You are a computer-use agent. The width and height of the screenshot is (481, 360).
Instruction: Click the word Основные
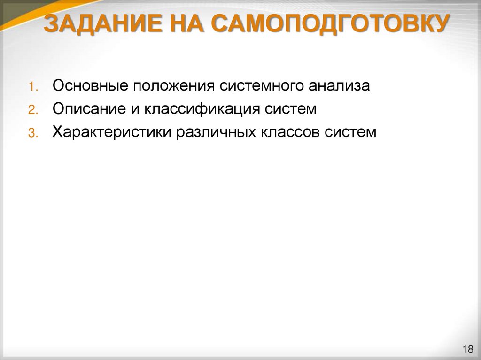pos(91,86)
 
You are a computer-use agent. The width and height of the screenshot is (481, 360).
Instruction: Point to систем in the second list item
pos(290,109)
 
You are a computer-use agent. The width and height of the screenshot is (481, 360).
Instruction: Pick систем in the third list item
pos(350,132)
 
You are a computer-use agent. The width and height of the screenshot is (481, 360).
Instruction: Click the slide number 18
pos(467,349)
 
